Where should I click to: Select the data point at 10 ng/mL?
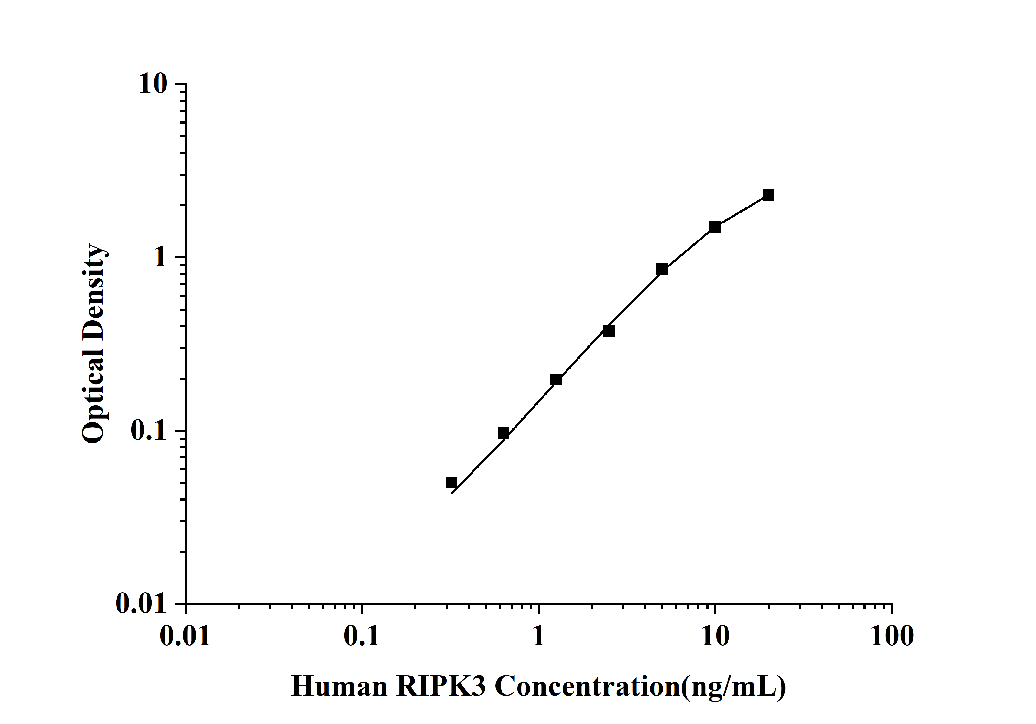point(715,227)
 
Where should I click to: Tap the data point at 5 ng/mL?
point(662,269)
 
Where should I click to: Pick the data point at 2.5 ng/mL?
point(609,331)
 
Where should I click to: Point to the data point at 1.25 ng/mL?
point(556,380)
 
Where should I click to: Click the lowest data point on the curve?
point(451,483)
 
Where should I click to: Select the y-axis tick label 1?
point(160,257)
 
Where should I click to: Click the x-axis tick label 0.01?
point(186,636)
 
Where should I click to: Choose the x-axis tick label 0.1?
point(362,636)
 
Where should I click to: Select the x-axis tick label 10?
point(715,636)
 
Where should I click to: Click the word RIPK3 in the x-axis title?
point(441,686)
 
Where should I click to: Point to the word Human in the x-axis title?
point(339,686)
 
